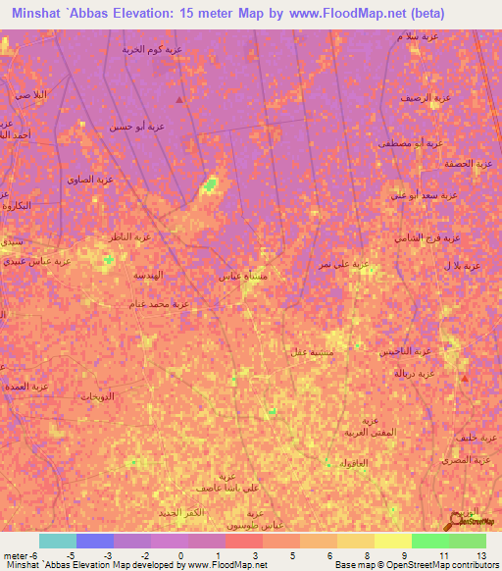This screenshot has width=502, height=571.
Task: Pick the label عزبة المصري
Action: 467,459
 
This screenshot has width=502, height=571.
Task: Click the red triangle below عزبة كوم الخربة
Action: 178,100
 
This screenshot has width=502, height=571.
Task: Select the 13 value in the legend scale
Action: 481,555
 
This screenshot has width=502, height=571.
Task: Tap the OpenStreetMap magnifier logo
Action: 456,518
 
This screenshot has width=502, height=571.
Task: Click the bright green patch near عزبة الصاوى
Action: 208,185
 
